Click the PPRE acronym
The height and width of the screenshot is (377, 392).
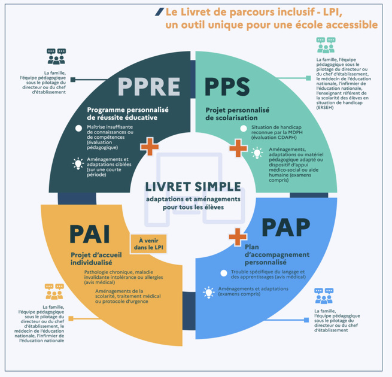(149, 87)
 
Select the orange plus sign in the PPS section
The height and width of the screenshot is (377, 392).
(238, 146)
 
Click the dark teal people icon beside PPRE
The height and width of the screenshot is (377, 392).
(56, 57)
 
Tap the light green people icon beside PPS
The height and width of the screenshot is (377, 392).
(326, 45)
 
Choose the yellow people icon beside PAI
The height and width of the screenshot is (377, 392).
(54, 292)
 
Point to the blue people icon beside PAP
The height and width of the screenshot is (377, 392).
(324, 296)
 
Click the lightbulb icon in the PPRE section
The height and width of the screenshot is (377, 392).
(78, 163)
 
